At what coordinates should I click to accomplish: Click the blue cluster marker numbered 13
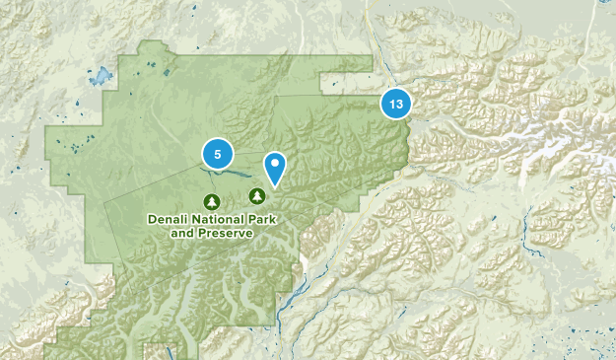click(x=395, y=104)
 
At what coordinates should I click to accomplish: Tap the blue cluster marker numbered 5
click(x=217, y=154)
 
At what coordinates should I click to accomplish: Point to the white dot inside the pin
click(x=275, y=163)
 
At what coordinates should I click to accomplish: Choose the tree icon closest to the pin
click(x=257, y=194)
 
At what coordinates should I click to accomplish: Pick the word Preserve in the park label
click(x=224, y=234)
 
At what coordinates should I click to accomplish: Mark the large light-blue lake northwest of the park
click(x=100, y=75)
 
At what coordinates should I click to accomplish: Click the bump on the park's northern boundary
click(x=153, y=47)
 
